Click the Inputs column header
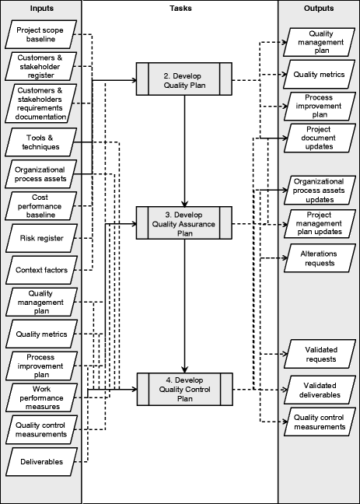pos(40,9)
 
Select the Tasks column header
pos(180,9)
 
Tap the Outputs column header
pos(319,9)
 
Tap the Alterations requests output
pos(320,258)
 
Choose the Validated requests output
pos(320,354)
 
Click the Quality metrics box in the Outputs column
pos(320,74)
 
